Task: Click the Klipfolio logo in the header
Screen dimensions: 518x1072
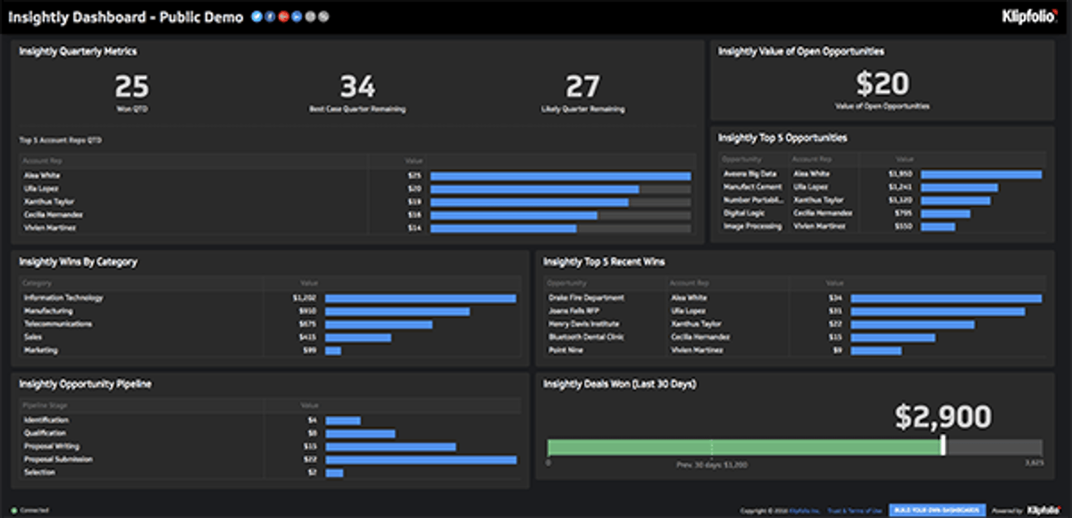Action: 1029,17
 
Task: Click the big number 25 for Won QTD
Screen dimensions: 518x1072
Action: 132,87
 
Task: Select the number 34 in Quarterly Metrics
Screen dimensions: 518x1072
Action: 358,87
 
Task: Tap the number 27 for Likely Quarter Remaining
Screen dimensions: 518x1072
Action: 582,87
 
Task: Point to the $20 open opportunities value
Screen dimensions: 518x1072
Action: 883,84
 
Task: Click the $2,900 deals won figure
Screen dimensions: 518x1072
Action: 943,417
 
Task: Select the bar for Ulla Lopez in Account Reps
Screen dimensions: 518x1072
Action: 534,189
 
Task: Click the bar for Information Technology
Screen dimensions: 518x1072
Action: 420,299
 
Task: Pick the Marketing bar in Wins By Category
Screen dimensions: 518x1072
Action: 333,351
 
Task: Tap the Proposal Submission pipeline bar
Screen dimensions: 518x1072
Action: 421,460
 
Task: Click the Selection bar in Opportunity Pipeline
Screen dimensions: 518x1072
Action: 334,473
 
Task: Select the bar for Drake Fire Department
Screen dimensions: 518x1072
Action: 946,299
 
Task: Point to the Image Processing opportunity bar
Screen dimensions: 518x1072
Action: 938,227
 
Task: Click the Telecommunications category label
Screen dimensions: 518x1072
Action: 58,324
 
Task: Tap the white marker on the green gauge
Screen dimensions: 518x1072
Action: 943,446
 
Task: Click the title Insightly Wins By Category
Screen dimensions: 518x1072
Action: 78,262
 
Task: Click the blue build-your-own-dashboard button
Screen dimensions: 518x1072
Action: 937,510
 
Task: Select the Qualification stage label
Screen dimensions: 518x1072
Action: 45,433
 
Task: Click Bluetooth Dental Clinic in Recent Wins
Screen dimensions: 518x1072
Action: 586,337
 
